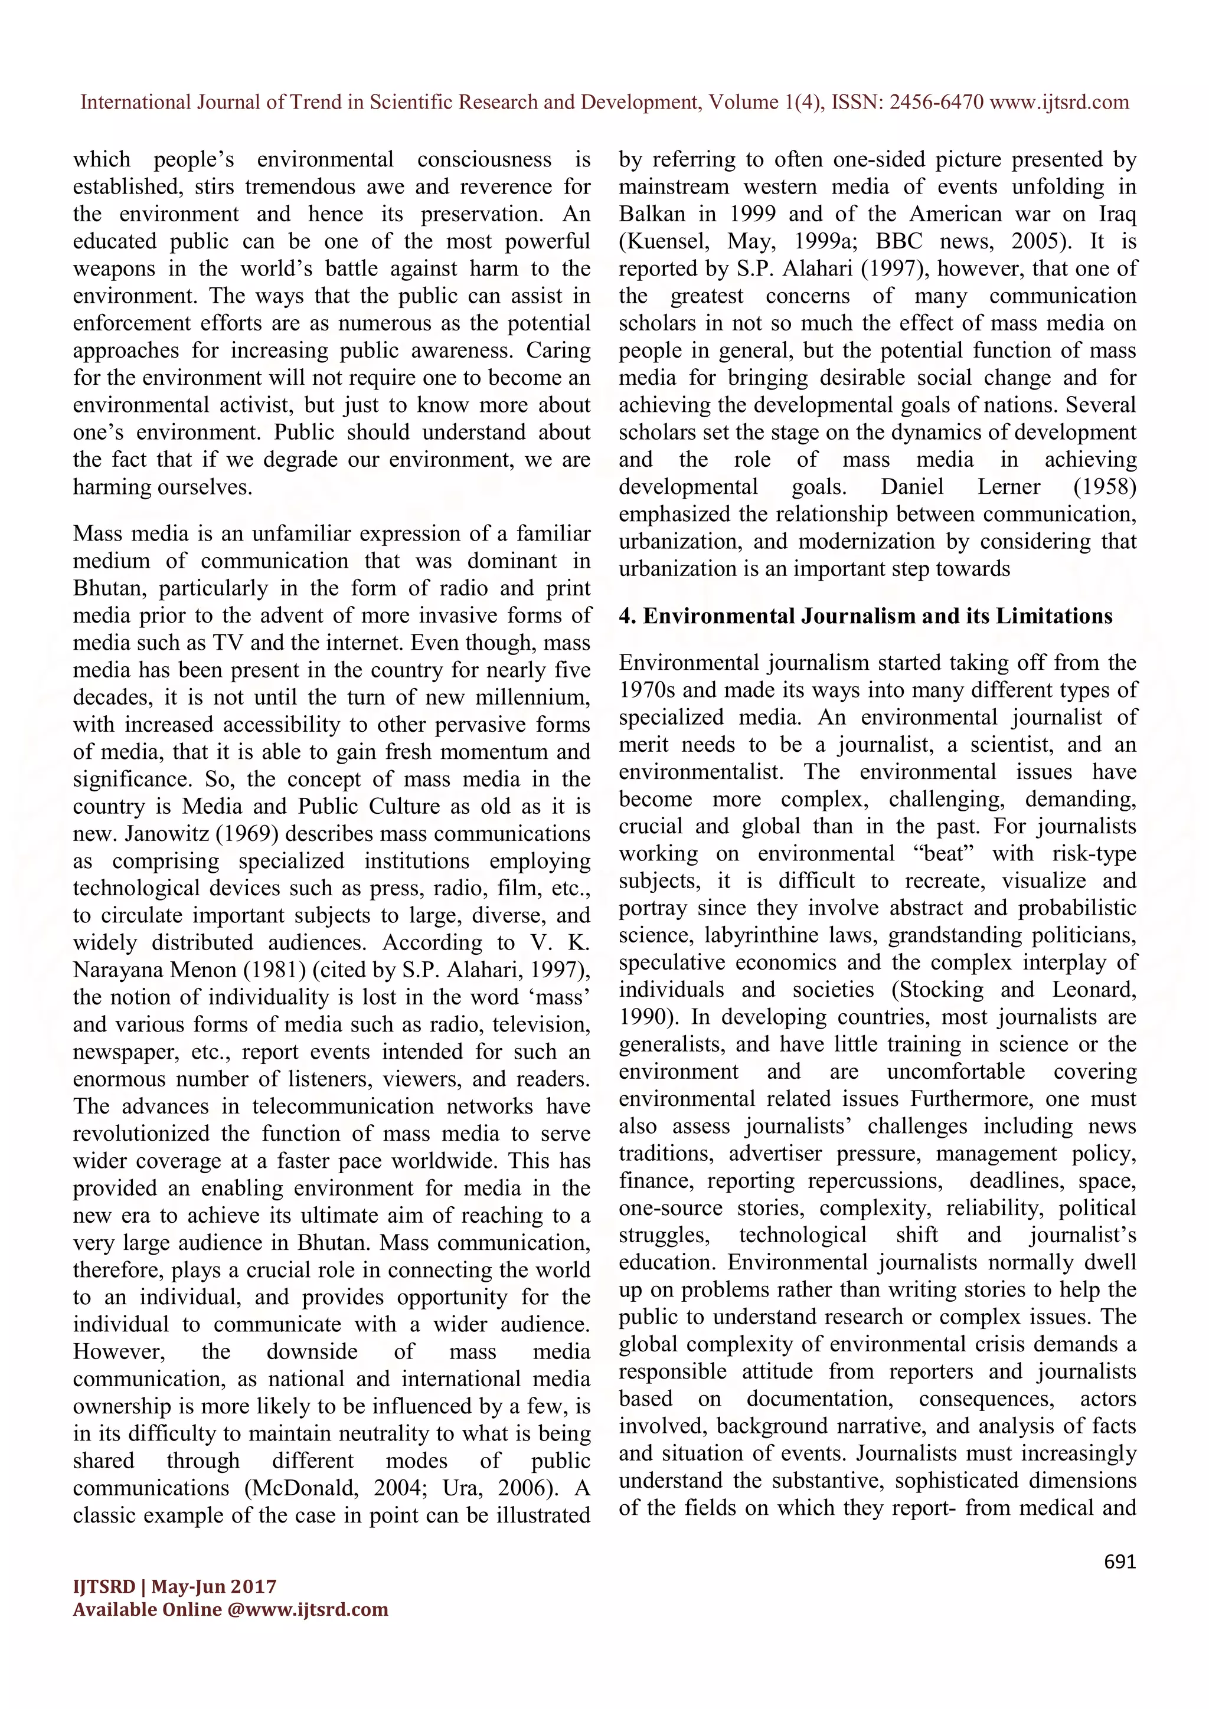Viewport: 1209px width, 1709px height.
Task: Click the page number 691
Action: pos(1120,1561)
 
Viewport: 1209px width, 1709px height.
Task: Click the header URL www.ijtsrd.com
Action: pos(1060,102)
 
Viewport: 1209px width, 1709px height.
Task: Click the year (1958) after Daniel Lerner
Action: pos(1105,487)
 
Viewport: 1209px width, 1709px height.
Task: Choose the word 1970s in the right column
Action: pos(647,690)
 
